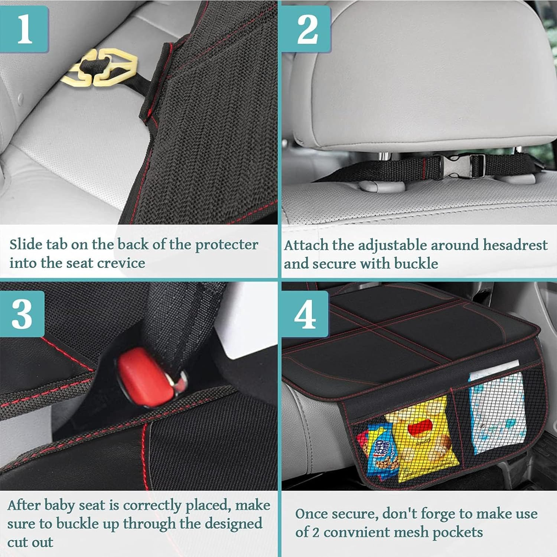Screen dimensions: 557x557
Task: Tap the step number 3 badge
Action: tap(22, 314)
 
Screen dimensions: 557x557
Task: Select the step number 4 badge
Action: tap(305, 314)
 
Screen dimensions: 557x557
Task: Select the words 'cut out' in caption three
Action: tap(30, 542)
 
